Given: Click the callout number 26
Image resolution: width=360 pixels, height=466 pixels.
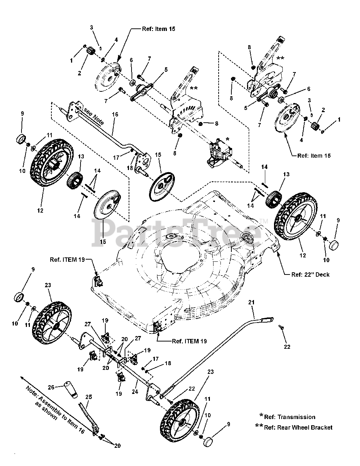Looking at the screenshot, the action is point(51,387).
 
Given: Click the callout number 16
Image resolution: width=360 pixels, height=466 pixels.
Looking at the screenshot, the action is point(115,114).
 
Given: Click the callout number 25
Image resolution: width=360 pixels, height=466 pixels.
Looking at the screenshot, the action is point(89,397).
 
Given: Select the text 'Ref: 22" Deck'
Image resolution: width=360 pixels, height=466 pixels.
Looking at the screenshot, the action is point(310,275).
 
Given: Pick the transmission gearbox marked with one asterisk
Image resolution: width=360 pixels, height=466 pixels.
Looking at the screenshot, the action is point(219,154).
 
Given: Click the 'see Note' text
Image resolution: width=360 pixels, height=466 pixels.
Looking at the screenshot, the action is point(94,116).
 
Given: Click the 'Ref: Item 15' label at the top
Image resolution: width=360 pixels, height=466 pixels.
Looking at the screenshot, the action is point(159,29).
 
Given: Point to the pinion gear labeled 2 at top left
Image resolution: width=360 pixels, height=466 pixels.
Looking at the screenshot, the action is point(89,52).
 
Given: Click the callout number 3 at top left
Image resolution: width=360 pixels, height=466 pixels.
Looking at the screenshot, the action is point(91,27).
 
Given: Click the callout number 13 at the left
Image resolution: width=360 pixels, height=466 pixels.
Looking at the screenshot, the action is point(81,156).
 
